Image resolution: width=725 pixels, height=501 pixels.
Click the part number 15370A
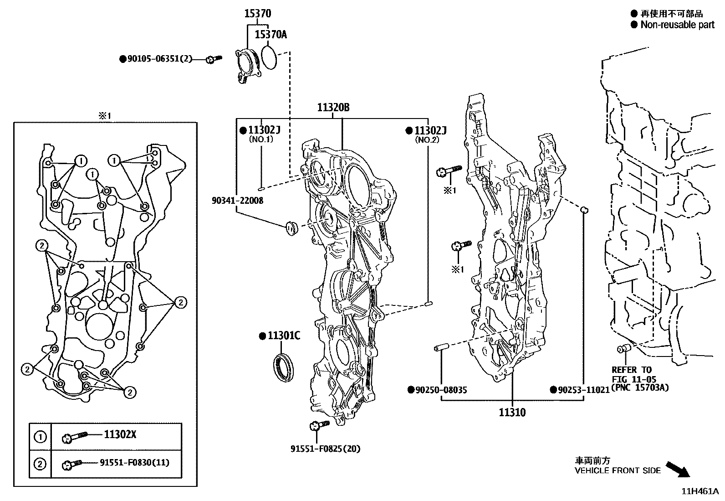(271, 35)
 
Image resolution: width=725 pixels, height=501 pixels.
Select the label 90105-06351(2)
(159, 59)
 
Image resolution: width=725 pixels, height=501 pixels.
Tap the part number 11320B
(333, 108)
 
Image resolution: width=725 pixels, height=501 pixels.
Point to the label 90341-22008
(237, 201)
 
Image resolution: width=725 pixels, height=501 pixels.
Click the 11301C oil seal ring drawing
(283, 366)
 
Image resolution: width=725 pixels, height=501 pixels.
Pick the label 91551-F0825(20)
(325, 449)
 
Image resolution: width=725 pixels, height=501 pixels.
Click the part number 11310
(512, 413)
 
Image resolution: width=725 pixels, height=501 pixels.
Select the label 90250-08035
(440, 390)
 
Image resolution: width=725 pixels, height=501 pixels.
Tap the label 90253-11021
(583, 390)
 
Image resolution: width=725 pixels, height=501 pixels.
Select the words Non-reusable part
(677, 25)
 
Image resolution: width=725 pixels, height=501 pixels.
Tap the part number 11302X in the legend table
(120, 434)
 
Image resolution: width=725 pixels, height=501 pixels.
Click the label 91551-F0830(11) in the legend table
(134, 463)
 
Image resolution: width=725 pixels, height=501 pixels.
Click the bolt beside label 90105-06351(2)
(213, 59)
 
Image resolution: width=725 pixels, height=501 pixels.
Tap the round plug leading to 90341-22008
(290, 227)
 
